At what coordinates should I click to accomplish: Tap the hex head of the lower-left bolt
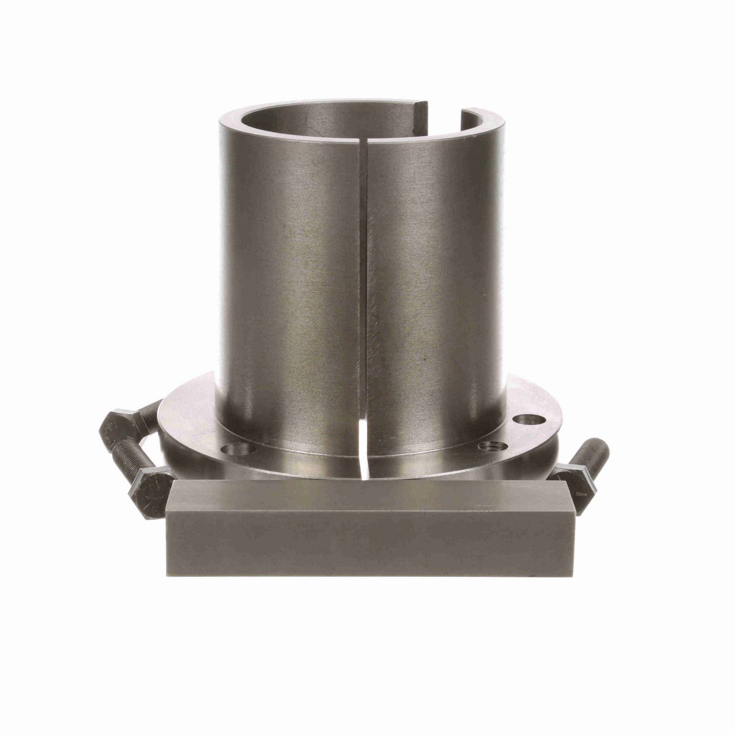[x=149, y=484]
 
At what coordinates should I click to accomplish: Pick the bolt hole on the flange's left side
[x=239, y=450]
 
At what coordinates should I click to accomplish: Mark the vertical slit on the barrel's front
[x=365, y=276]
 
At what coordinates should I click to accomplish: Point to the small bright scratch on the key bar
[x=486, y=506]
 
